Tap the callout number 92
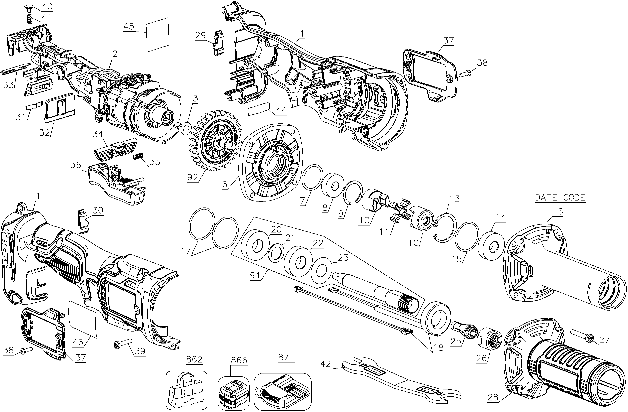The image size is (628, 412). click(x=192, y=177)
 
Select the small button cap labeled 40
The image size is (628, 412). click(x=28, y=7)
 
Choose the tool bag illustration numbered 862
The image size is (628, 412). click(x=186, y=390)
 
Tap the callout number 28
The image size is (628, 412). click(x=493, y=404)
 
